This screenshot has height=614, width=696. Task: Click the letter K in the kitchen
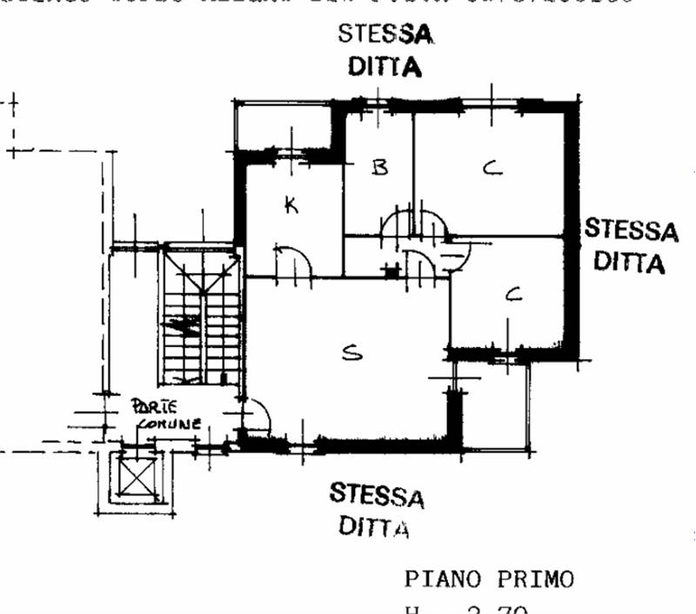click(x=291, y=205)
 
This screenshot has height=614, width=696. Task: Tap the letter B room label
click(x=378, y=167)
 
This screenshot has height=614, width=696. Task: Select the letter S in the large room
click(x=351, y=352)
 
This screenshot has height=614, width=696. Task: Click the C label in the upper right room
click(x=492, y=168)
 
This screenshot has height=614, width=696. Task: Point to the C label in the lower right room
click(x=514, y=296)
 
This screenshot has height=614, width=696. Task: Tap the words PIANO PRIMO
click(x=489, y=579)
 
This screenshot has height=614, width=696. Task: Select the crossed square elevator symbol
click(x=136, y=477)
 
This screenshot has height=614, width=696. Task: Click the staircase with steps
click(x=201, y=317)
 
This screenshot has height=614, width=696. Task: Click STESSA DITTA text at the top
click(x=385, y=50)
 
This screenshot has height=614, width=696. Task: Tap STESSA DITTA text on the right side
click(x=631, y=245)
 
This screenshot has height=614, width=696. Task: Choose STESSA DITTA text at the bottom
click(x=376, y=510)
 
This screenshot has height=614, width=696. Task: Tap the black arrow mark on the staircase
click(x=184, y=326)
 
